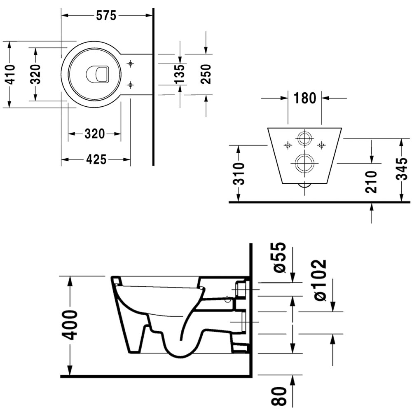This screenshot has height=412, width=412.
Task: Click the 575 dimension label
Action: pyautogui.click(x=107, y=16)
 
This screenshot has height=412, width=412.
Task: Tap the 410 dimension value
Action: pyautogui.click(x=10, y=74)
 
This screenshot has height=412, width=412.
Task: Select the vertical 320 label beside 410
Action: pyautogui.click(x=36, y=74)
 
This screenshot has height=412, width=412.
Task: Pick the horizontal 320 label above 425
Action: pyautogui.click(x=94, y=134)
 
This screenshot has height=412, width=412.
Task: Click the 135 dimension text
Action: pyautogui.click(x=180, y=74)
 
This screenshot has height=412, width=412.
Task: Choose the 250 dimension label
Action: pyautogui.click(x=206, y=74)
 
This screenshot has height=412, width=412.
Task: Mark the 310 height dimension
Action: pyautogui.click(x=239, y=173)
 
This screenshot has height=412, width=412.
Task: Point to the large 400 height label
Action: pyautogui.click(x=70, y=325)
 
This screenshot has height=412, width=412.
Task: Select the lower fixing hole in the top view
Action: pyautogui.click(x=131, y=85)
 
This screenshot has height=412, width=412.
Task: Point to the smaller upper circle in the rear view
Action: pyautogui.click(x=305, y=138)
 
